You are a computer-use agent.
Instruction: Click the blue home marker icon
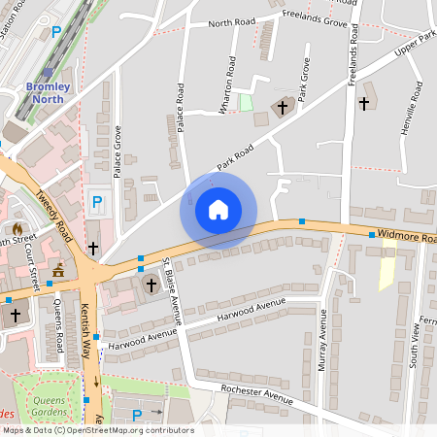pos(218,209)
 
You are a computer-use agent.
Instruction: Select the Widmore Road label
pos(403,236)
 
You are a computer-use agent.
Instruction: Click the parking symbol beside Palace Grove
pos(96,203)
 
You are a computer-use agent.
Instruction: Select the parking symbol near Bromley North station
pos(56,31)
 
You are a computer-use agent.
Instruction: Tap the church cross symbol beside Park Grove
pos(285,107)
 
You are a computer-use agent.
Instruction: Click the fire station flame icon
pos(17,229)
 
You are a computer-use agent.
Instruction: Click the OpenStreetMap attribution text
pos(97,430)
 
